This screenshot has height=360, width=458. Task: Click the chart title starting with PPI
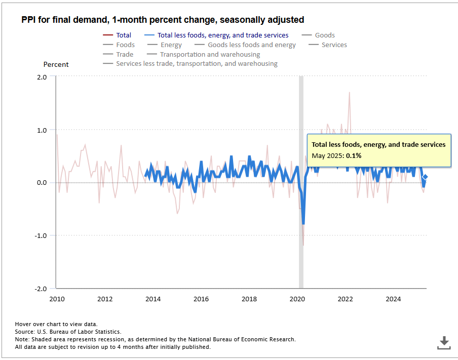point(163,20)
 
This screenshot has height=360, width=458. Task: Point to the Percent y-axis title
point(56,65)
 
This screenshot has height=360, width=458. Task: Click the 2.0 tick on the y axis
point(42,77)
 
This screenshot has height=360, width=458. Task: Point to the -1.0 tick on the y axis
point(41,235)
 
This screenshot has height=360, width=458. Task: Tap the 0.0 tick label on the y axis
point(42,183)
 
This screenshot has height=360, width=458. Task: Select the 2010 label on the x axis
point(57,299)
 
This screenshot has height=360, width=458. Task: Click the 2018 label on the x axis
point(249,299)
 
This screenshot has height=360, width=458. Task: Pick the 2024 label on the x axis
point(393,299)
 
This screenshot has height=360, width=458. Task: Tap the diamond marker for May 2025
point(426,177)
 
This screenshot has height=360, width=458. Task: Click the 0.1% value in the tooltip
point(354,156)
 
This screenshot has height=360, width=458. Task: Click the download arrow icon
point(444,342)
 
